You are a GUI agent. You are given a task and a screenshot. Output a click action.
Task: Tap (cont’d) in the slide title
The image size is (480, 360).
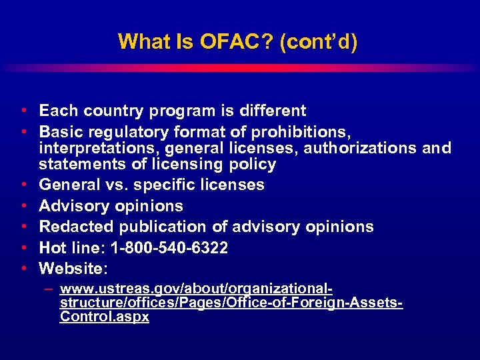319,42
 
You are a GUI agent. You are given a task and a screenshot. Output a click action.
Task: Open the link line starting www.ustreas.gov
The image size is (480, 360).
196,290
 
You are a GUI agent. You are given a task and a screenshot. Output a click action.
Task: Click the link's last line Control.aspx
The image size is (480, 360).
104,317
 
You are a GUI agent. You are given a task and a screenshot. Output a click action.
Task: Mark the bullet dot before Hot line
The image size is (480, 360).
23,248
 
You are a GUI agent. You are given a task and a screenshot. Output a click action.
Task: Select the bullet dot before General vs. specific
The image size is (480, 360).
23,185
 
